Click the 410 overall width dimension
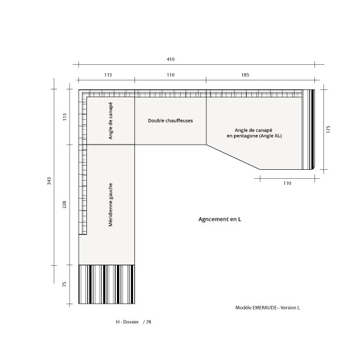pyautogui.click(x=170, y=59)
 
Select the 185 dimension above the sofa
pyautogui.click(x=245, y=75)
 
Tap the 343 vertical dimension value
pyautogui.click(x=49, y=181)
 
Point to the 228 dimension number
pyautogui.click(x=65, y=205)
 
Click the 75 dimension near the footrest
pyautogui.click(x=65, y=284)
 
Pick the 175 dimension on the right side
pyautogui.click(x=328, y=129)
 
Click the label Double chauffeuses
pyautogui.click(x=170, y=121)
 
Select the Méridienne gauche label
pyautogui.click(x=110, y=205)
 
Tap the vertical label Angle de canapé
pyautogui.click(x=110, y=121)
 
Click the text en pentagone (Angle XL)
pyautogui.click(x=254, y=136)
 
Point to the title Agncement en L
pyautogui.click(x=220, y=219)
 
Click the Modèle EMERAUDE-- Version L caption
pyautogui.click(x=268, y=308)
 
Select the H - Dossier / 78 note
pyautogui.click(x=133, y=322)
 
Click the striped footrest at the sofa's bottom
pyautogui.click(x=107, y=284)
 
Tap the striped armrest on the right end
pyautogui.click(x=308, y=130)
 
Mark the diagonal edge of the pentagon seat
pyautogui.click(x=233, y=157)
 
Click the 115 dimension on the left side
pyautogui.click(x=65, y=117)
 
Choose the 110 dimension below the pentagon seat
pyautogui.click(x=287, y=183)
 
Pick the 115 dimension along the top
pyautogui.click(x=108, y=75)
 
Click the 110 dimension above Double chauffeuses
pyautogui.click(x=170, y=75)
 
